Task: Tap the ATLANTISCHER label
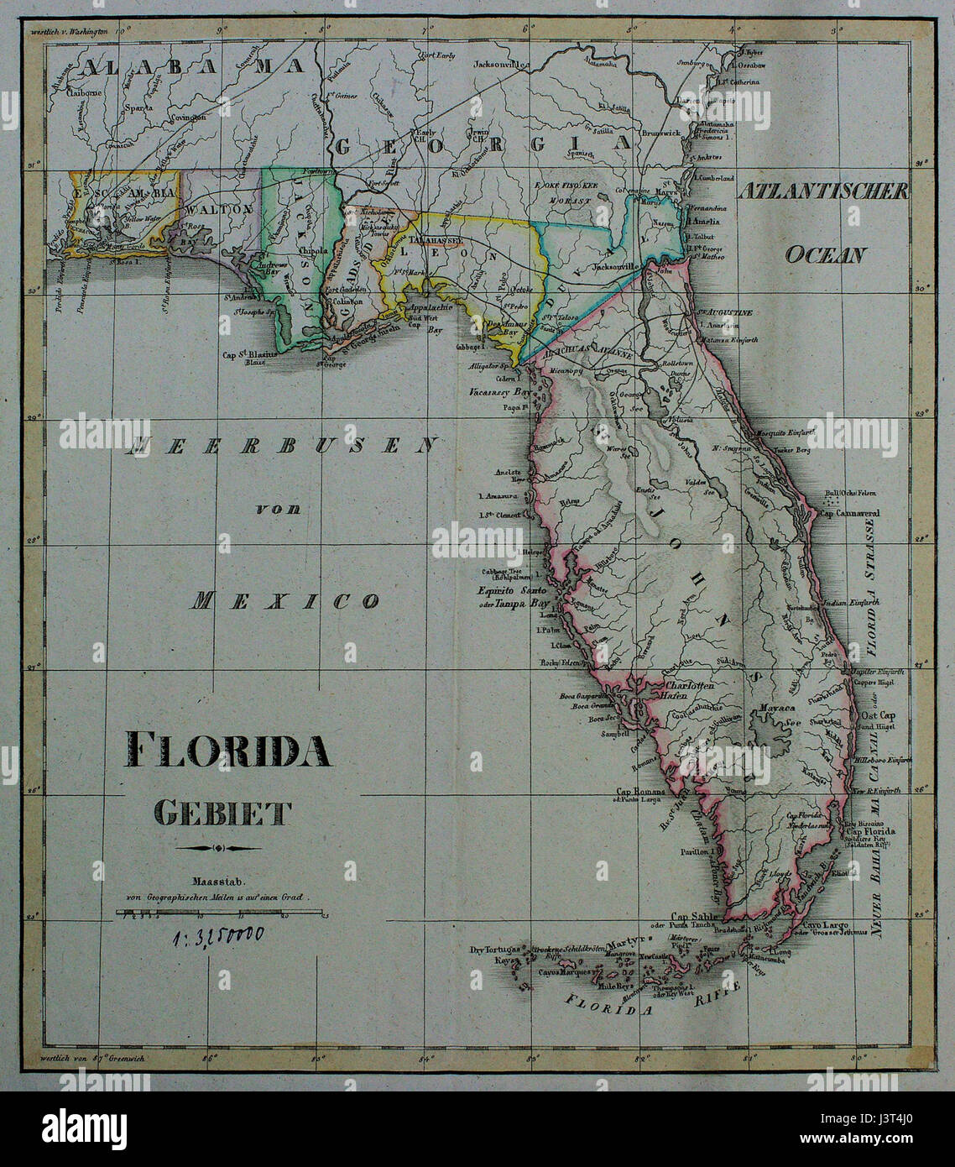click(x=824, y=191)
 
